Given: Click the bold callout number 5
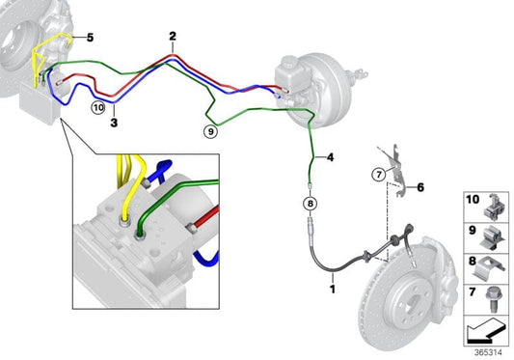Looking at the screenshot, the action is tap(90, 38).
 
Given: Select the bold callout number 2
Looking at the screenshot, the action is tap(173, 36).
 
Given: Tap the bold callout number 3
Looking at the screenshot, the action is tap(114, 123).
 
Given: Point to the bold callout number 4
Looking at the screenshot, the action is tap(331, 157).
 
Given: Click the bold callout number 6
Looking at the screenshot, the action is tap(420, 187).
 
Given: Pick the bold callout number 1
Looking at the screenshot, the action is tap(333, 290).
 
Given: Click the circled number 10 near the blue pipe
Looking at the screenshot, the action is tap(98, 107).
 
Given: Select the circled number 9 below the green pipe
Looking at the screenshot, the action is tap(211, 131).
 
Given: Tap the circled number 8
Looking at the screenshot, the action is tap(311, 204).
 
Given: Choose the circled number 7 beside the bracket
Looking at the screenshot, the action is tap(379, 175).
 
